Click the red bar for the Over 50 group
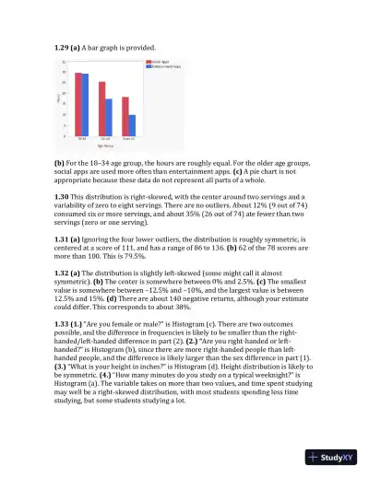(125, 117)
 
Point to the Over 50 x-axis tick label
(129, 140)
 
